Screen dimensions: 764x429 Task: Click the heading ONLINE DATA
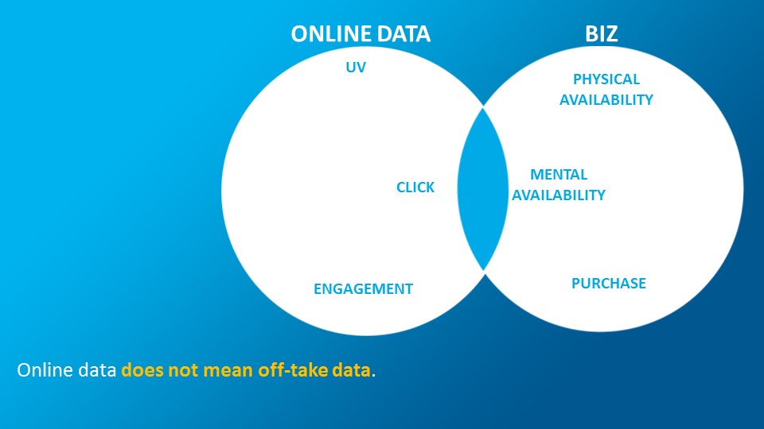[x=361, y=34]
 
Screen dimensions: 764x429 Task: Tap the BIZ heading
[x=602, y=34]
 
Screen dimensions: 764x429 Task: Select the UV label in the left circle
[x=356, y=67]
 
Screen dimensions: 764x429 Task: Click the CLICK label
[x=415, y=187]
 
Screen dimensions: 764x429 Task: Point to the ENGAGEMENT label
[x=363, y=289]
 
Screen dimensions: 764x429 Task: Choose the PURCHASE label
[x=609, y=283]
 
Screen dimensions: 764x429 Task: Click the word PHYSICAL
[x=606, y=79]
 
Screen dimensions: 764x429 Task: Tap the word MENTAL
[x=559, y=174]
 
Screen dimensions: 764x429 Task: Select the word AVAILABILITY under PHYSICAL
[x=606, y=100]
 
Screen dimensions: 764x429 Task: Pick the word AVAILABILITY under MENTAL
[x=559, y=195]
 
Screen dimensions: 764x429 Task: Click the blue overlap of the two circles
[x=483, y=189]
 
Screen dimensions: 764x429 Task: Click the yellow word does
[x=142, y=370]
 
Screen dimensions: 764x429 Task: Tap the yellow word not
[x=183, y=371]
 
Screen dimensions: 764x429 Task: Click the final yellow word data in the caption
[x=351, y=370]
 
